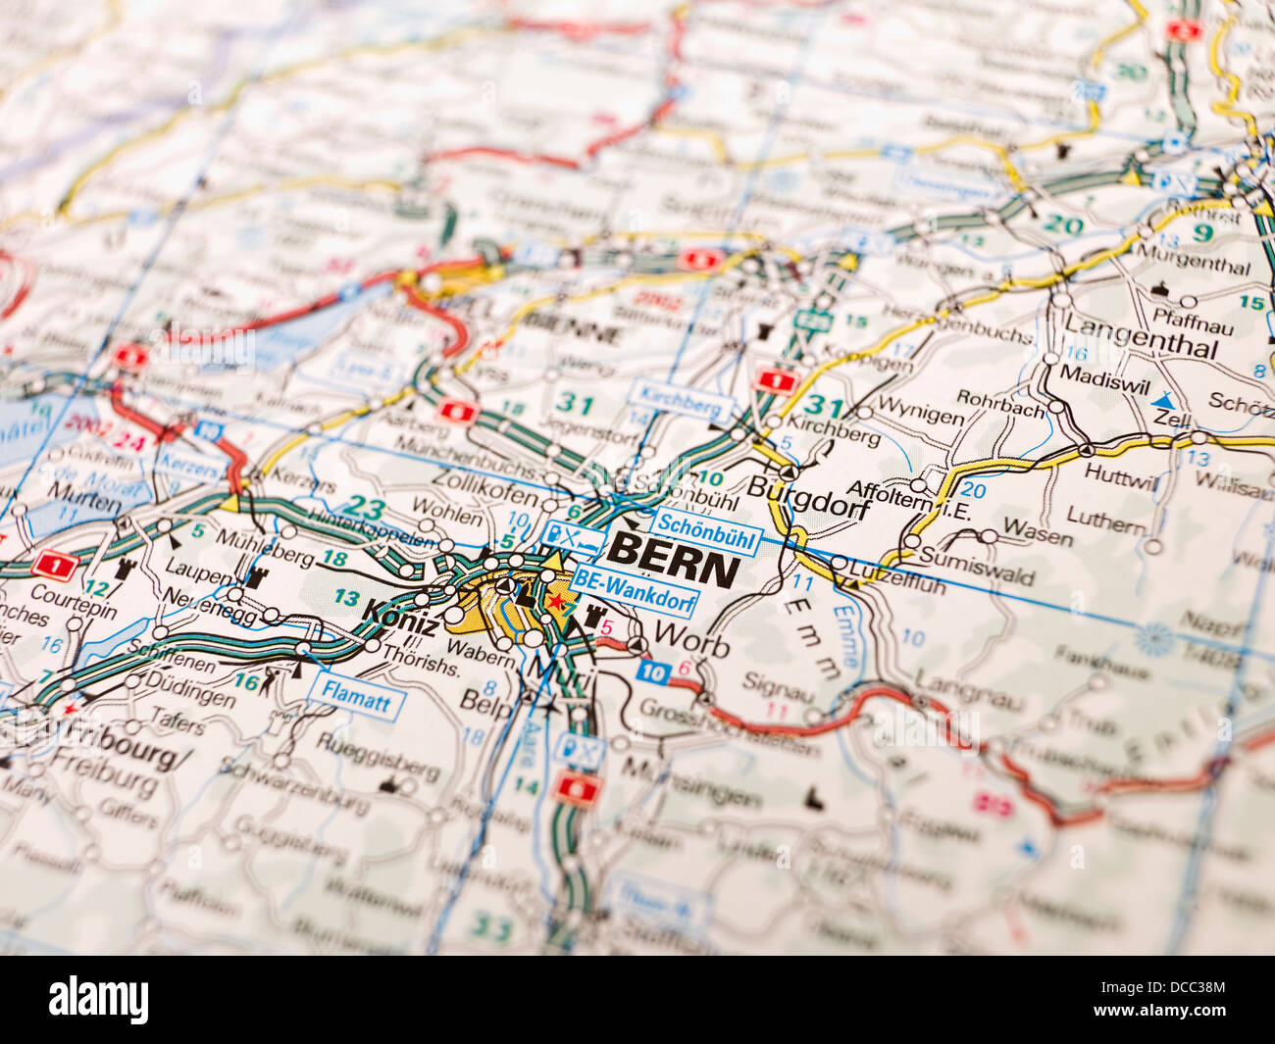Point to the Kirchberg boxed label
pos(682,399)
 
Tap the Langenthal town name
pos(1141,336)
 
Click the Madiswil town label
pos(1104,377)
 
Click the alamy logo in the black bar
pos(99,1000)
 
